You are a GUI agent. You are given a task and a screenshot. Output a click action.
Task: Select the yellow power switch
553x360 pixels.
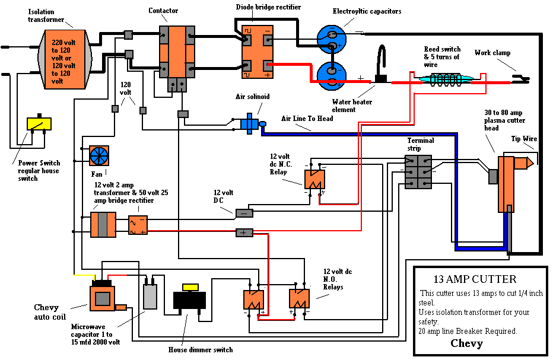[39, 124]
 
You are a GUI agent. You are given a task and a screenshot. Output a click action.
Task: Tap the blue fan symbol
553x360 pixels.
[99, 156]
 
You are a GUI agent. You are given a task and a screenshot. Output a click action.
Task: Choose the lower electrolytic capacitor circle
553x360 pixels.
[330, 76]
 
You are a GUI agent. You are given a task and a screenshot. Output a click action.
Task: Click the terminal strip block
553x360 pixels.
[418, 172]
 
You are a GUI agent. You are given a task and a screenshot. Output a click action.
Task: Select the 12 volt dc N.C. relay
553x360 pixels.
[314, 179]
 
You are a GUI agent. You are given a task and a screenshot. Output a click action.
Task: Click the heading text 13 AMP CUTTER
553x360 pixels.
[474, 279]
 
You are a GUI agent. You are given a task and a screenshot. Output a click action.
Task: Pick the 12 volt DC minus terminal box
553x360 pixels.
[244, 213]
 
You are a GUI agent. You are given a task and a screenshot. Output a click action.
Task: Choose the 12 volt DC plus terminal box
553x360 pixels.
[244, 232]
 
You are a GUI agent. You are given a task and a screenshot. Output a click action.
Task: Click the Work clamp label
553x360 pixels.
[492, 53]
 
